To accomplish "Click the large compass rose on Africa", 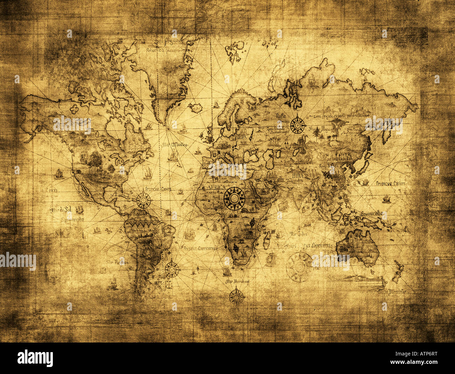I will (x=234, y=199).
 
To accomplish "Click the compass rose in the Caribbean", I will (x=143, y=200).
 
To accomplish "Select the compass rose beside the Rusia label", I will (x=297, y=124).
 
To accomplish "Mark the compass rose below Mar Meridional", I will (x=236, y=296).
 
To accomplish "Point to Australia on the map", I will (x=358, y=247).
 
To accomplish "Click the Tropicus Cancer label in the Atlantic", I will (x=158, y=189).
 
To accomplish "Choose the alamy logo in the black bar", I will (x=35, y=358).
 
